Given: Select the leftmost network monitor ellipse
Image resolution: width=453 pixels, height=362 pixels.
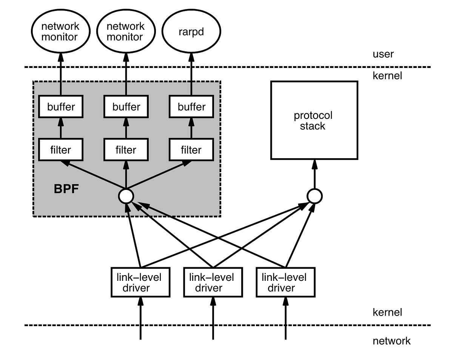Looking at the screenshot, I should point(60,32).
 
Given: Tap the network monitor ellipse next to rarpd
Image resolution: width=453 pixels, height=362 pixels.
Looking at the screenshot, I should point(126,32).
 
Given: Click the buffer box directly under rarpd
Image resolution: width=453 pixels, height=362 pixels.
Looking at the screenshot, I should point(191,107).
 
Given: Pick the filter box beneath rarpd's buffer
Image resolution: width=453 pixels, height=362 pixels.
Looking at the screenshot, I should point(191,150).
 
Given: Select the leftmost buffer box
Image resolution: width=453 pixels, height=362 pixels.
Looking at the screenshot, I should point(61,107).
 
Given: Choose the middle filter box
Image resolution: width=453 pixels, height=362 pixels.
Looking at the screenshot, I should point(126,150).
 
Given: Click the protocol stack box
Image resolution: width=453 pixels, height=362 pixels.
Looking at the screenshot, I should point(314,120).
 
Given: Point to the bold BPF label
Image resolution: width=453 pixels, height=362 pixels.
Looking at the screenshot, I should point(66,189).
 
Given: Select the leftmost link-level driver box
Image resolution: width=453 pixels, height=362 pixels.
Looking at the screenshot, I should point(140,282).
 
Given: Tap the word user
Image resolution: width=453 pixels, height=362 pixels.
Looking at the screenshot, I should point(383,54).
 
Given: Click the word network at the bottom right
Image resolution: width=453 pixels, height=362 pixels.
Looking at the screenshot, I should point(391,341).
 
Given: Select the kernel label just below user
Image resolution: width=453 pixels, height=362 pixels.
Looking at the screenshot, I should point(387,76).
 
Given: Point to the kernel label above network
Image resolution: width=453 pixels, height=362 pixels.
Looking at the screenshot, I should point(387,313).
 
